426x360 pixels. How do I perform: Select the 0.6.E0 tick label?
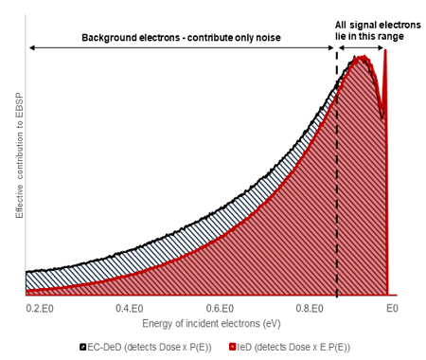pos(220,308)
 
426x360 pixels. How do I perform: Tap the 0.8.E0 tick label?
pos(310,308)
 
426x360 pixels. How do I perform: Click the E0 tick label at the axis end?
pos(391,308)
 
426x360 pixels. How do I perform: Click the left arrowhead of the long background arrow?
pos(31,46)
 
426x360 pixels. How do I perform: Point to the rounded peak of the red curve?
pos(360,59)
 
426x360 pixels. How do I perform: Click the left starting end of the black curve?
pos(27,272)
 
